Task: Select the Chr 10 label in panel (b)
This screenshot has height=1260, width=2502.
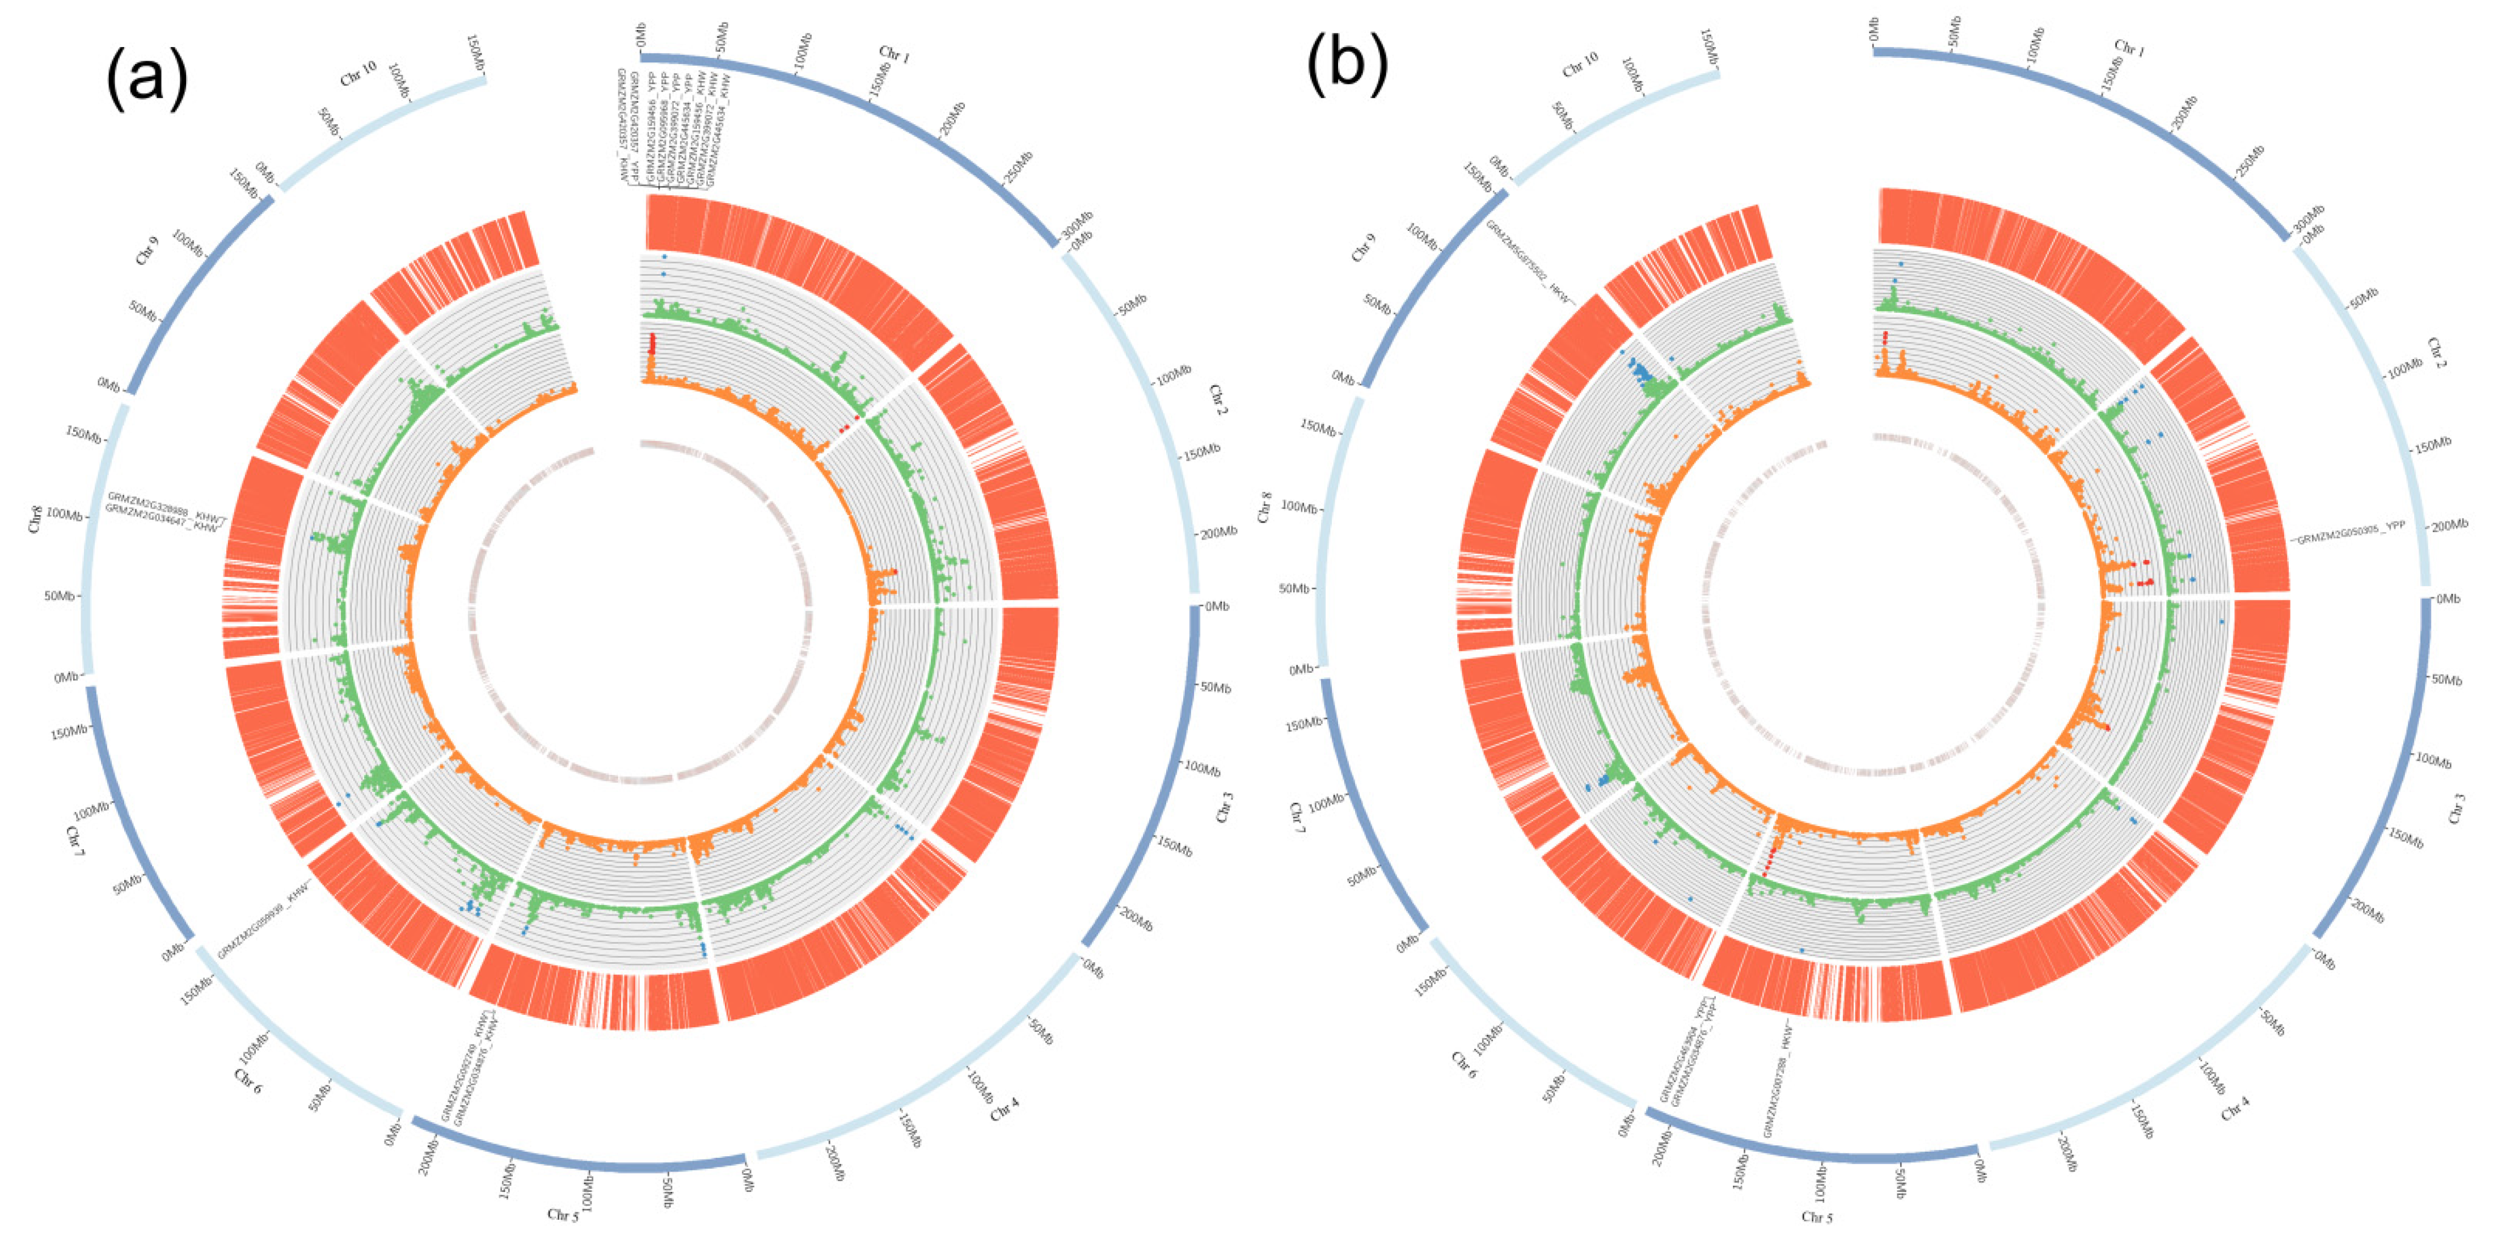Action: (x=1580, y=65)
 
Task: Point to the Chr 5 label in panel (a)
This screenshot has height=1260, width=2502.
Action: (x=562, y=1215)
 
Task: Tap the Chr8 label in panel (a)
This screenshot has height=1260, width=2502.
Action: (x=35, y=519)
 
